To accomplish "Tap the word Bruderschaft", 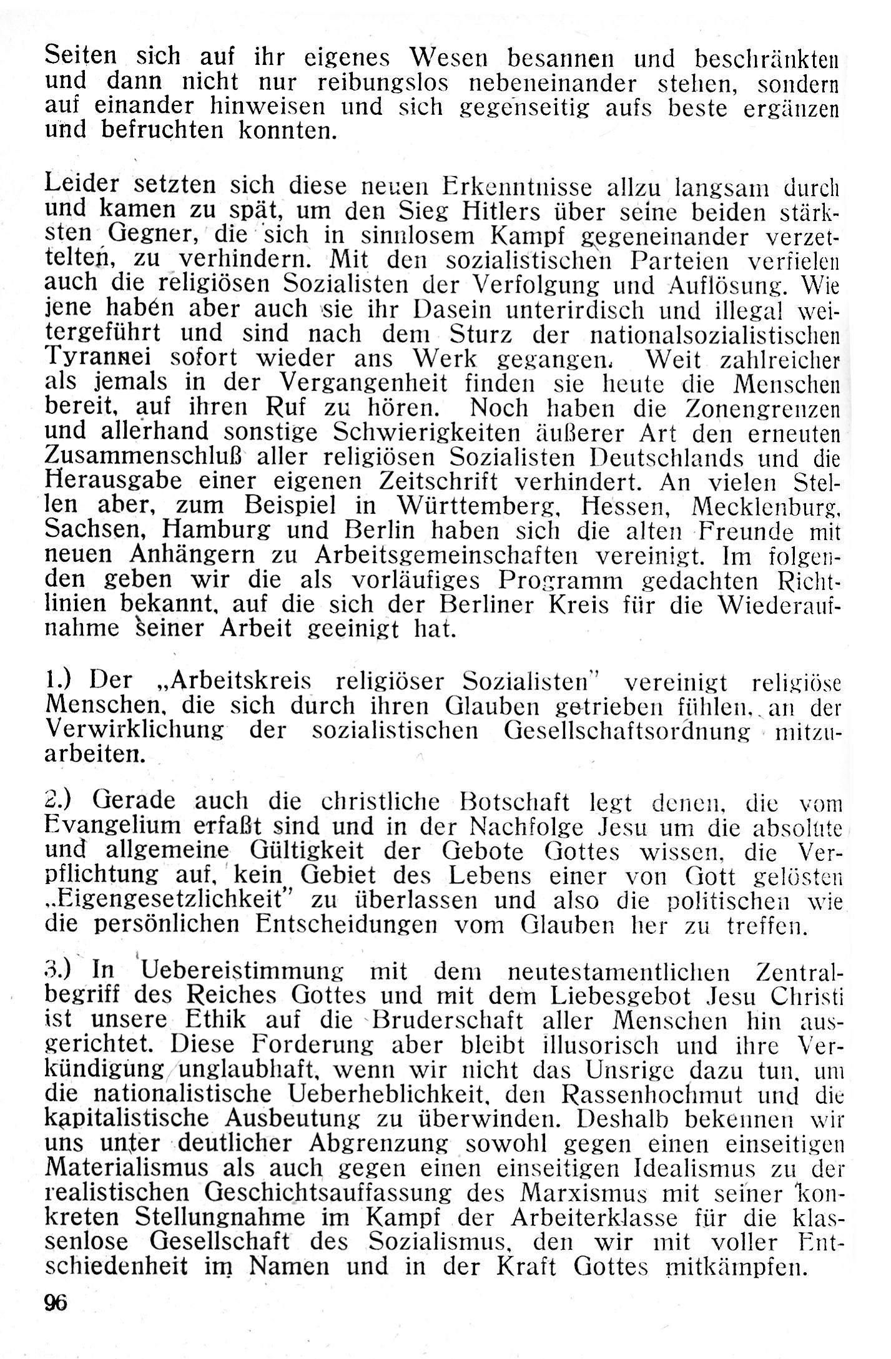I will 446,1020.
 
